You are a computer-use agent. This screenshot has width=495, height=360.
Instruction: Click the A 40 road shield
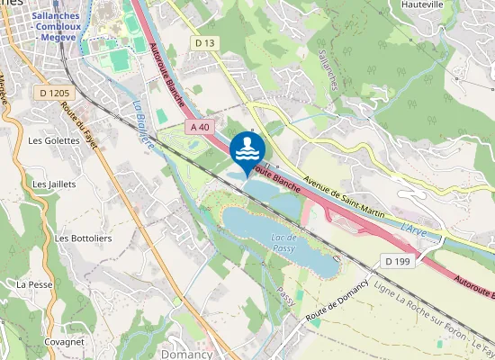[200, 128]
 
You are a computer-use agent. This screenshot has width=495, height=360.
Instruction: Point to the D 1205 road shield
[55, 92]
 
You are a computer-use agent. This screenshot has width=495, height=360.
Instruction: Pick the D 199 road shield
[397, 261]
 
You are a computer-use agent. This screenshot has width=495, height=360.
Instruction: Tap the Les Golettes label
[49, 141]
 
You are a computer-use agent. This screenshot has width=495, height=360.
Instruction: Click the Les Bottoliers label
[76, 238]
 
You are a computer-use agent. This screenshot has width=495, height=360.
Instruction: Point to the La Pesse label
[34, 283]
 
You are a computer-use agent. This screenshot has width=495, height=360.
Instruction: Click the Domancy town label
[187, 354]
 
